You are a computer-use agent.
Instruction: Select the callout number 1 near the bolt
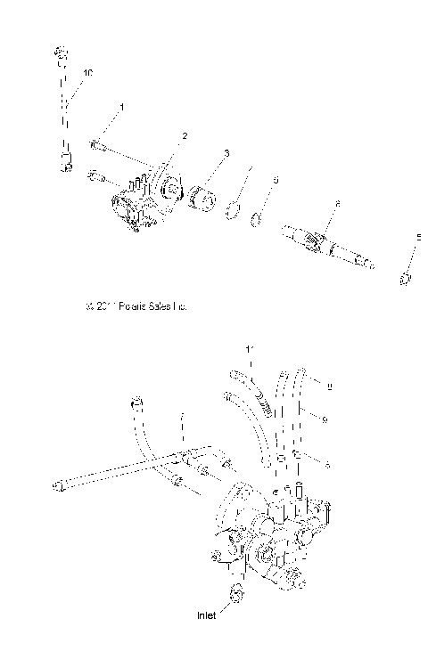(122, 107)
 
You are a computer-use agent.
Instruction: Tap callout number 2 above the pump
(185, 135)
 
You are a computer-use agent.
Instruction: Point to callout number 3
(226, 153)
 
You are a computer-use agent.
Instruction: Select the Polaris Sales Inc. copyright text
(136, 305)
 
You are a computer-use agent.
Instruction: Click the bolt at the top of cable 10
(61, 55)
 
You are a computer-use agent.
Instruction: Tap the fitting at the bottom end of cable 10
(65, 164)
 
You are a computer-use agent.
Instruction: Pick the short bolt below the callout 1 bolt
(96, 176)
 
